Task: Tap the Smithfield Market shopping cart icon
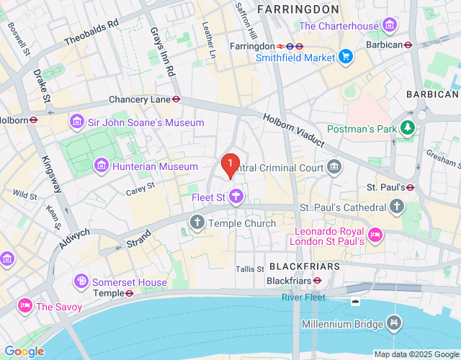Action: click(x=346, y=57)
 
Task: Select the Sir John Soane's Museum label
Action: click(x=146, y=122)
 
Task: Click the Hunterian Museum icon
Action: click(x=102, y=167)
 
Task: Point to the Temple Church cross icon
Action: click(x=197, y=223)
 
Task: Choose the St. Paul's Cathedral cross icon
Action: click(x=397, y=207)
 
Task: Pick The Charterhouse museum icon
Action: click(x=391, y=27)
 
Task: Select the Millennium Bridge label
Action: click(x=342, y=324)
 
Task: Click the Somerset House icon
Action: click(x=82, y=280)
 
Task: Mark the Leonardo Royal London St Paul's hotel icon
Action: click(x=375, y=235)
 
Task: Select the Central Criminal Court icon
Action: click(x=334, y=168)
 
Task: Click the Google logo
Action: click(x=24, y=351)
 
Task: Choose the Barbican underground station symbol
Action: click(x=408, y=44)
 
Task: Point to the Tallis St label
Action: click(x=250, y=269)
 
